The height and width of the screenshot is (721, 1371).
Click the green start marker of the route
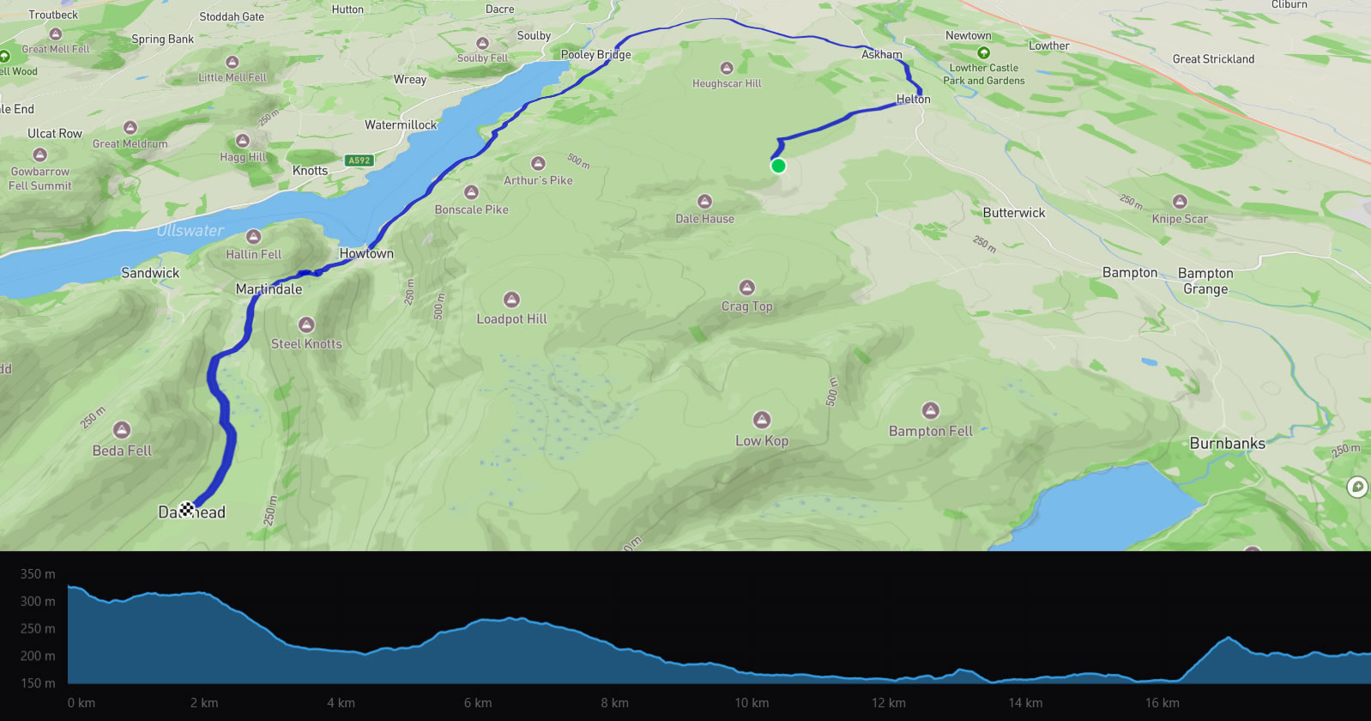(778, 166)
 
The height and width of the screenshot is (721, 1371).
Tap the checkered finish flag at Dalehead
(186, 511)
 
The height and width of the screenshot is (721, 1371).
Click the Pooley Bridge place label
(595, 54)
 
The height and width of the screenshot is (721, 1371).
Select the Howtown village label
(366, 253)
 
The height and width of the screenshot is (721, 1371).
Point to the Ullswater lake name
(190, 230)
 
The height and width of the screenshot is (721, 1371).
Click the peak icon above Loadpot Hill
(512, 300)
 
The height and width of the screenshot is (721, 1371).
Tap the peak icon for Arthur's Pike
(538, 163)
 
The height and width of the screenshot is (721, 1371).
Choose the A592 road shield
(359, 161)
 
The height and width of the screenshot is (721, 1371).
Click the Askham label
(881, 54)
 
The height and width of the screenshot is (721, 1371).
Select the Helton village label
(913, 99)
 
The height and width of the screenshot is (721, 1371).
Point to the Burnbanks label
(1227, 443)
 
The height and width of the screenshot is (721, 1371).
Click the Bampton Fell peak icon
(930, 410)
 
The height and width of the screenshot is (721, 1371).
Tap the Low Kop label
(761, 440)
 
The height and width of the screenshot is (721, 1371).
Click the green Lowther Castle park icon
(983, 52)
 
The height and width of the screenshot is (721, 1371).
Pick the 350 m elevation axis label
(38, 573)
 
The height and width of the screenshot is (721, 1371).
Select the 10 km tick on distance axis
(751, 702)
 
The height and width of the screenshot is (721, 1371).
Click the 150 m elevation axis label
(38, 683)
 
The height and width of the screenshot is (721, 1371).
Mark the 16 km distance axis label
(1162, 702)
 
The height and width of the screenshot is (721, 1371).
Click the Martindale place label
(269, 288)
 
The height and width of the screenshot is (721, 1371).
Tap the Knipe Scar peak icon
(1180, 202)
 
